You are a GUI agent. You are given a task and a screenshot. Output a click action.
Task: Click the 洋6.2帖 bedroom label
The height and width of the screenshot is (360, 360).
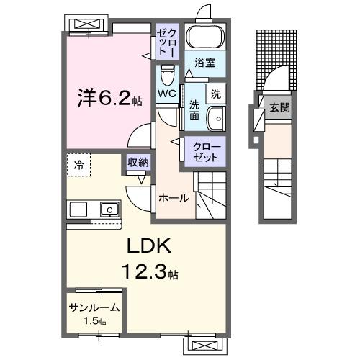pyautogui.click(x=109, y=98)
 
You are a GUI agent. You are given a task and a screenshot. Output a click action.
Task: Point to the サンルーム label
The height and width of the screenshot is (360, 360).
pyautogui.click(x=94, y=307)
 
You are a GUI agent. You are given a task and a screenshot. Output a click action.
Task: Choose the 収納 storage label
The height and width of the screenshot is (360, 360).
pyautogui.click(x=138, y=163)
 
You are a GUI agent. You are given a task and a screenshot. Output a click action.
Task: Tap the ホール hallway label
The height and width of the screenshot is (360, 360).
pyautogui.click(x=174, y=198)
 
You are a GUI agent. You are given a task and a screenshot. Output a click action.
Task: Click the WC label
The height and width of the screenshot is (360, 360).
pyautogui.click(x=167, y=94)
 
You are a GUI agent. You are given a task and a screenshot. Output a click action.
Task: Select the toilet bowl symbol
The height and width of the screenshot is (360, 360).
pyautogui.click(x=167, y=75)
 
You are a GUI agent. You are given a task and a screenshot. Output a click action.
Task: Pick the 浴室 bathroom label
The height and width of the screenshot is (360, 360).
pyautogui.click(x=205, y=63)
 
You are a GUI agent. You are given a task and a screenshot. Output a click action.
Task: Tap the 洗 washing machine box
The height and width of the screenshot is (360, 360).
pyautogui.click(x=215, y=93)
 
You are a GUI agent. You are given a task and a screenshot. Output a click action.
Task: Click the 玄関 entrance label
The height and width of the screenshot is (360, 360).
pyautogui.click(x=279, y=108)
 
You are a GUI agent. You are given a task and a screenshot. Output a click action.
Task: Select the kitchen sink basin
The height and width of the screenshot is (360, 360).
pyautogui.click(x=109, y=210)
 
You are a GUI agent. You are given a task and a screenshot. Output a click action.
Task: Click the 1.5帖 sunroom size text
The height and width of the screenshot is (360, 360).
pyautogui.click(x=94, y=320)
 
